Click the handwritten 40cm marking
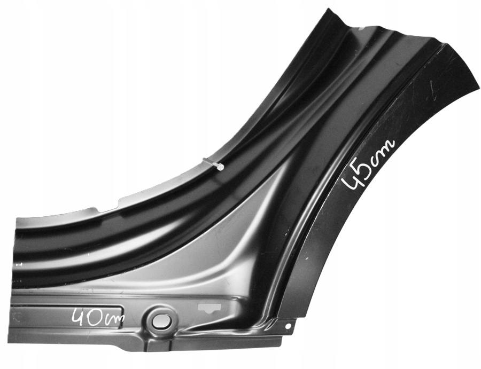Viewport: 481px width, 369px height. pos(98,318)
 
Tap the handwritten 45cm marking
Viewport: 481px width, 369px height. pos(368,164)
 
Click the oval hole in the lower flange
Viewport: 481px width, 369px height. pos(161,320)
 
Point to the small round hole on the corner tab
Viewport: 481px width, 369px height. pos(288,326)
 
